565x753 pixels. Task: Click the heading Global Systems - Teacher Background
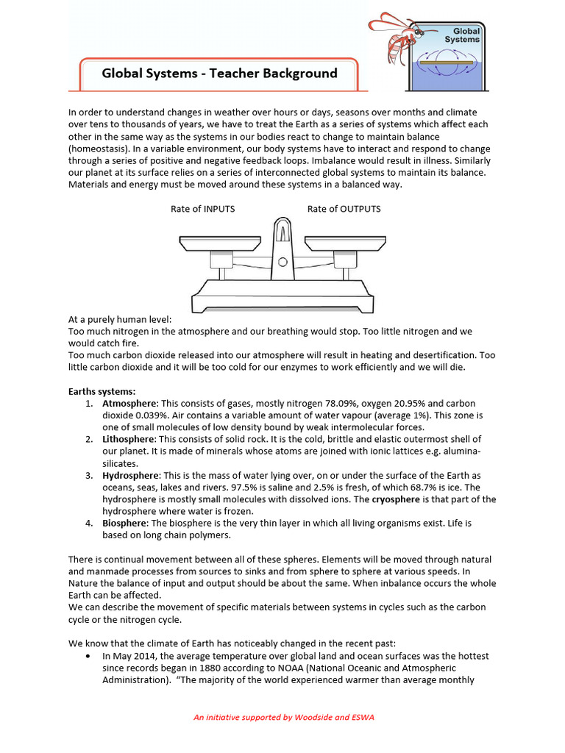coord(219,74)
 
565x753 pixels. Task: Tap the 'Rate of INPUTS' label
coord(203,209)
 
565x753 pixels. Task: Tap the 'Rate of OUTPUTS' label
coord(344,209)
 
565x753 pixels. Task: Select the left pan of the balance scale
coord(217,241)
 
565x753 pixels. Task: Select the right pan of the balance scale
coord(344,241)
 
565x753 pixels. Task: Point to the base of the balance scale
coord(281,298)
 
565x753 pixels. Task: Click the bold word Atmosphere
coord(129,404)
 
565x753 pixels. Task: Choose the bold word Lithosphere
coord(129,439)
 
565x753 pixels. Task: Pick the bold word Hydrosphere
coord(131,475)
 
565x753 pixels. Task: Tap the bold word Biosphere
coord(125,523)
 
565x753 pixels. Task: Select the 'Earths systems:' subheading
coord(102,392)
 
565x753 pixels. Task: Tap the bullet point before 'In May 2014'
coord(89,656)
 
